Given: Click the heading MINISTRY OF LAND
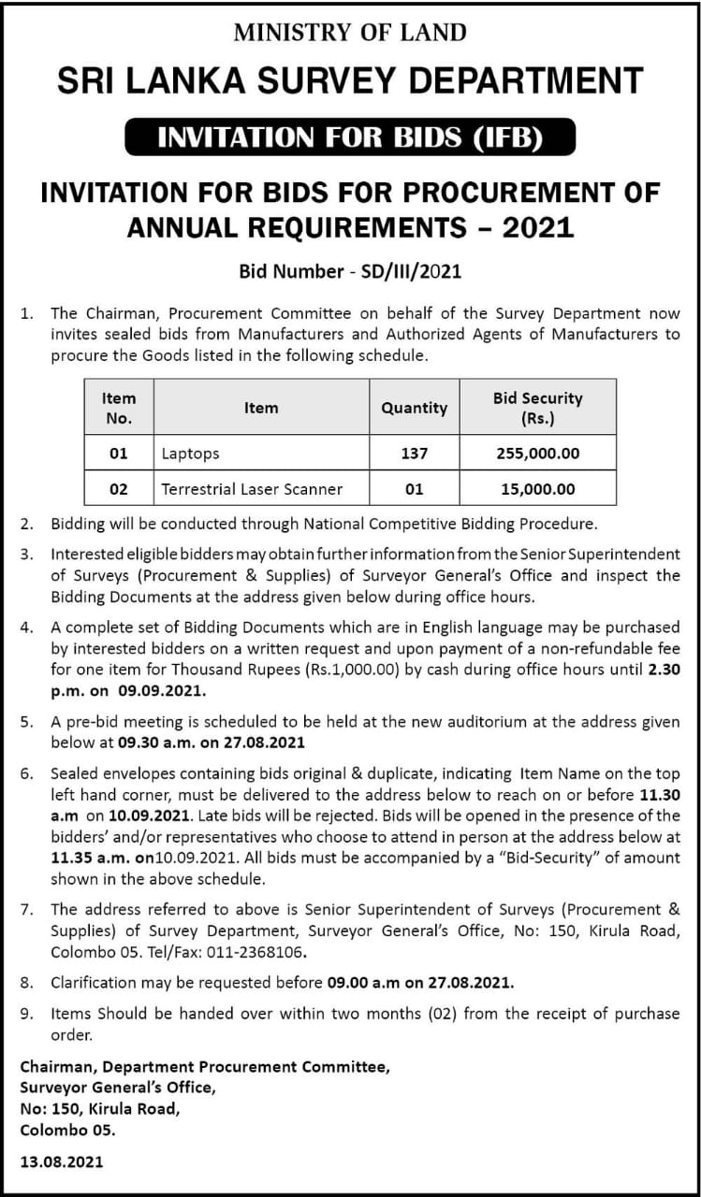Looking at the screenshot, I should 350,33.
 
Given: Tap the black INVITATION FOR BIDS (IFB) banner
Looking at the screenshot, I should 350,137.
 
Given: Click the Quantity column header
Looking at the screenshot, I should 414,407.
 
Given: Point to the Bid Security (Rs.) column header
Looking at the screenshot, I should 537,407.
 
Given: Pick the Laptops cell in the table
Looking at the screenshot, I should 190,454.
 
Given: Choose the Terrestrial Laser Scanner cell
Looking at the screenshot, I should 252,489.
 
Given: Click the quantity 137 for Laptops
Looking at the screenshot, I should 414,454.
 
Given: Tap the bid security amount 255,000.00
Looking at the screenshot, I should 537,454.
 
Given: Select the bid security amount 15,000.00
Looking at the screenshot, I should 537,489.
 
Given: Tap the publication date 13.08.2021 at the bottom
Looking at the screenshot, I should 62,1161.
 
